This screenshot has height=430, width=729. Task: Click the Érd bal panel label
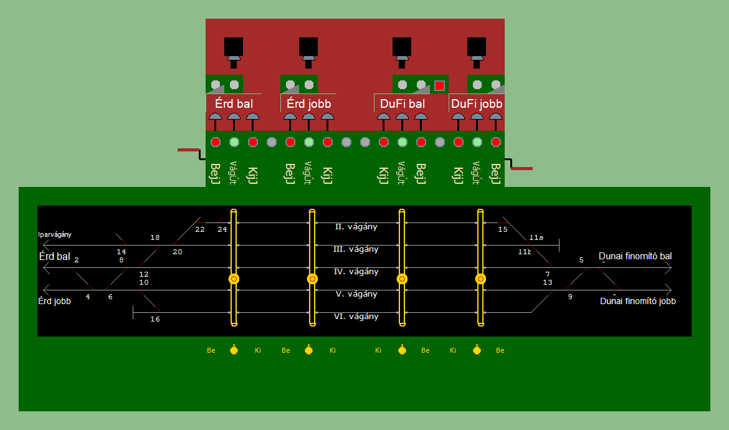234,103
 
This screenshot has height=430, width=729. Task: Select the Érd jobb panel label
308,103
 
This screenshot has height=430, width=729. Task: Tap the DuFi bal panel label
402,104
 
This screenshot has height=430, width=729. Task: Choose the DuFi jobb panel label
477,104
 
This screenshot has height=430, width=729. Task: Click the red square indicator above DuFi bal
439,85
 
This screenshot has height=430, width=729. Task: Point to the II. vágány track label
356,227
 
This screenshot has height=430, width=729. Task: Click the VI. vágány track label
356,317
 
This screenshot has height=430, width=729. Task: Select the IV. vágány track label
356,272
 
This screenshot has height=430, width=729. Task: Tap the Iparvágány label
55,235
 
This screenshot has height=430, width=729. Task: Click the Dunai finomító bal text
635,256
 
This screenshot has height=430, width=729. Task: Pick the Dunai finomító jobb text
637,301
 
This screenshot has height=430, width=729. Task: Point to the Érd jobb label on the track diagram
54,301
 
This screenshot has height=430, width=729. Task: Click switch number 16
155,319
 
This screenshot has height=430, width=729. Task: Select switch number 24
222,230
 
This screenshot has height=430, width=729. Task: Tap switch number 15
503,230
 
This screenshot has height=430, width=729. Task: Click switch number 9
570,297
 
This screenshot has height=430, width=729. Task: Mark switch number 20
178,252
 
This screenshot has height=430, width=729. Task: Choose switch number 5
581,260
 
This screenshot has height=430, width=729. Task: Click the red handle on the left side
188,150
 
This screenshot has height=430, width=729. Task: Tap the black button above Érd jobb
308,47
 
